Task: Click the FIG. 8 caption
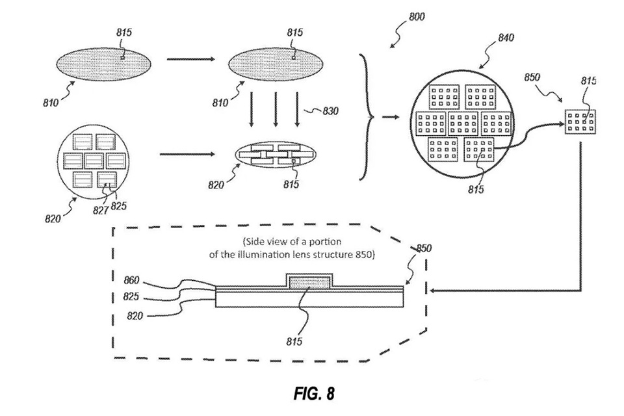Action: coord(314,393)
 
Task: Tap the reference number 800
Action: coord(417,16)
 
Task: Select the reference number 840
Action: coord(506,38)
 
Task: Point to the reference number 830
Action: coord(330,110)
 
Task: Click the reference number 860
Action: coord(131,280)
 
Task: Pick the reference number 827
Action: coord(101,210)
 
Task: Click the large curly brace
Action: coord(367,117)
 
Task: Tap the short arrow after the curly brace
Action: coord(391,117)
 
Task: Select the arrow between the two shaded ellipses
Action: coord(190,59)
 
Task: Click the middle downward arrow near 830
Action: coord(276,109)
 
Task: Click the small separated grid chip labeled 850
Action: coord(580,121)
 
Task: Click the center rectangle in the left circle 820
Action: coord(94,161)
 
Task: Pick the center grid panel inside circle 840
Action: coord(463,123)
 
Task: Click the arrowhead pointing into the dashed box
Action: coord(434,291)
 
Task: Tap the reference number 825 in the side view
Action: coord(131,296)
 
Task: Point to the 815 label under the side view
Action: coord(294,341)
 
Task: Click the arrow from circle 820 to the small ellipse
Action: coord(187,154)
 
